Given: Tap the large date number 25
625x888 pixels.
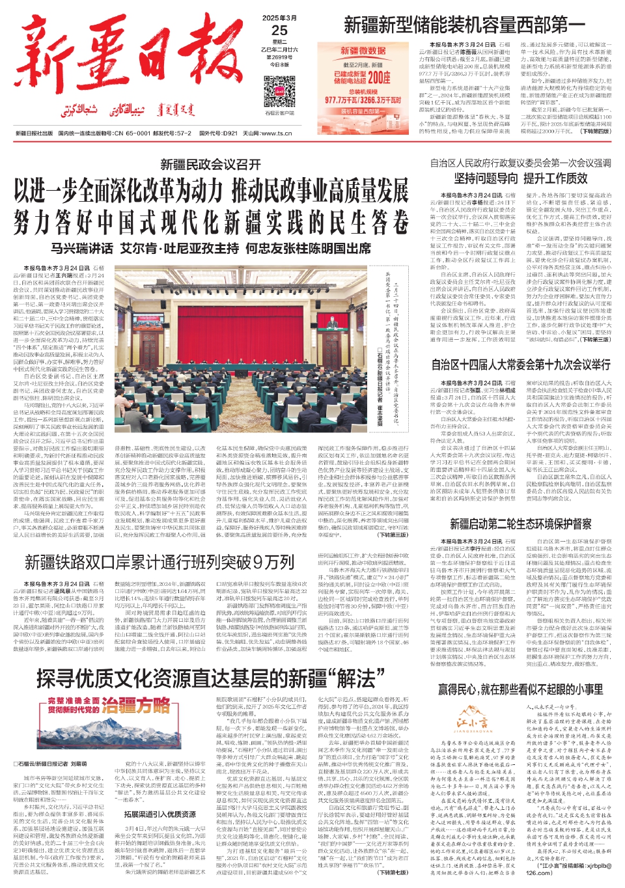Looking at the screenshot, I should (x=279, y=30).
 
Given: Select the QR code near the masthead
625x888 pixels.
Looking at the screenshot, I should (x=279, y=91).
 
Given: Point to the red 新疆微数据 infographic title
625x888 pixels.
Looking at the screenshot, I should (x=363, y=51).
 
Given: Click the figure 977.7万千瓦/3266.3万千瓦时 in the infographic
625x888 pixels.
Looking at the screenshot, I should (x=363, y=100).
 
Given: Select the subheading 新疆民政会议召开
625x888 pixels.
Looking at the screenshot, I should (x=210, y=165).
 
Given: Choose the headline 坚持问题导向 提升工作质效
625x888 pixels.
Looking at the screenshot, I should (x=520, y=178).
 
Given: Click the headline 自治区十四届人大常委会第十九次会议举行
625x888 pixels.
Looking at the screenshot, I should (x=521, y=365).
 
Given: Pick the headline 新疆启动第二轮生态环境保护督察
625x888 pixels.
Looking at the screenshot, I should (x=520, y=524).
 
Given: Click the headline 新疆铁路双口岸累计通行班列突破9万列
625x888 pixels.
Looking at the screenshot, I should (x=160, y=562).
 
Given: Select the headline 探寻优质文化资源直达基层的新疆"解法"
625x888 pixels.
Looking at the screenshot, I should (x=210, y=679).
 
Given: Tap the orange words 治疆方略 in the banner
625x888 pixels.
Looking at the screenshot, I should (x=135, y=705).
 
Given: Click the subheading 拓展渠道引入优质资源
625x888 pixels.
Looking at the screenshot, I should (x=160, y=814).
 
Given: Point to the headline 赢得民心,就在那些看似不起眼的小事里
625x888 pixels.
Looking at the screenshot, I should (x=520, y=689).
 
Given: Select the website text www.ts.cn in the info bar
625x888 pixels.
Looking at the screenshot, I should (x=277, y=133).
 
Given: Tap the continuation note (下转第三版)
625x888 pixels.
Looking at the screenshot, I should (x=393, y=535).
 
